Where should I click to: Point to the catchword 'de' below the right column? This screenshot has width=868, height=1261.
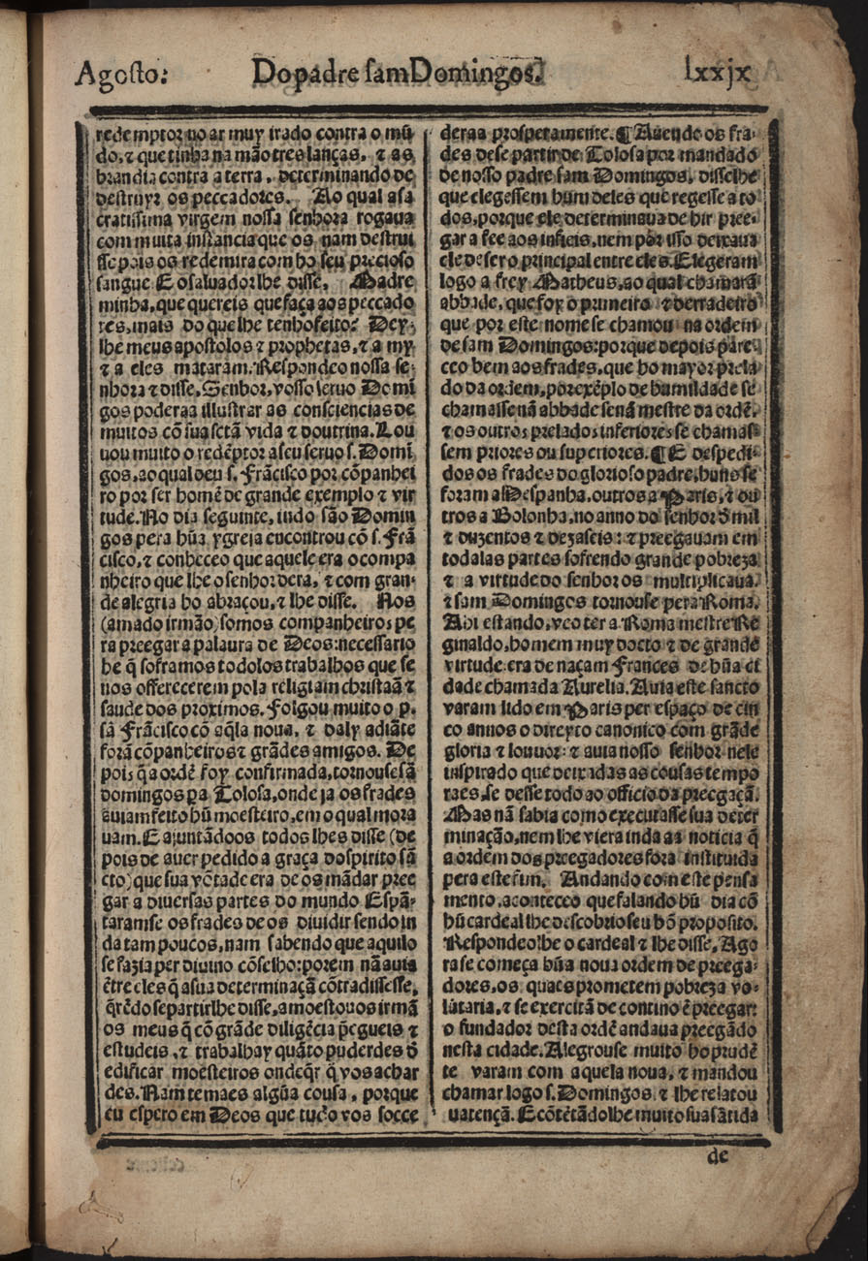(719, 1154)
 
